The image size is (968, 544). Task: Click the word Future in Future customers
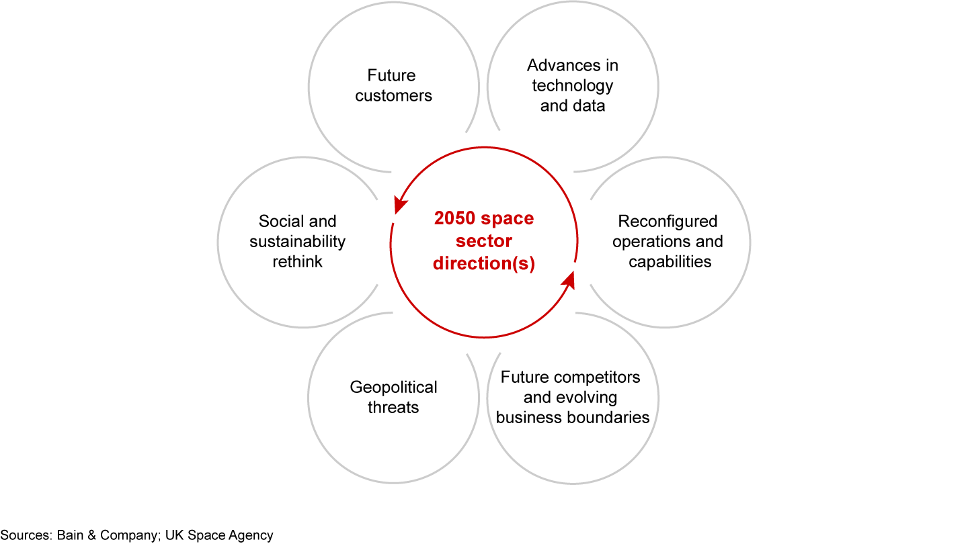click(x=391, y=75)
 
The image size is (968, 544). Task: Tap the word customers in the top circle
click(x=393, y=95)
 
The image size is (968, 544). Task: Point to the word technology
click(x=572, y=85)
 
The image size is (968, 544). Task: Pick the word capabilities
click(x=670, y=261)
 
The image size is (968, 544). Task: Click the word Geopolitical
click(x=393, y=387)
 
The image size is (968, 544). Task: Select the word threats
click(x=393, y=407)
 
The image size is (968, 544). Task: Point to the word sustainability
click(x=297, y=241)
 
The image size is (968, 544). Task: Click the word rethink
click(x=297, y=261)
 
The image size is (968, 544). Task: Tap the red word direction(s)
click(x=483, y=264)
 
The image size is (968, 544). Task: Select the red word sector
click(x=483, y=241)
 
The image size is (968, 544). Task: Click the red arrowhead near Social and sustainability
click(x=399, y=204)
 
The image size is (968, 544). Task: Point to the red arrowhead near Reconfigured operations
click(x=569, y=279)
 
